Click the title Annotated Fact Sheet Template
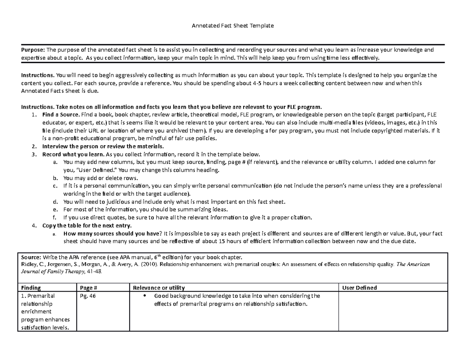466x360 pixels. pyautogui.click(x=233, y=26)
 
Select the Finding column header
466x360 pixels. pyautogui.click(x=30, y=288)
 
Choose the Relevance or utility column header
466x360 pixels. pyautogui.click(x=159, y=288)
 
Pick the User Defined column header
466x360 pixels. pyautogui.click(x=359, y=288)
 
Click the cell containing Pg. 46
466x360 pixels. pyautogui.click(x=87, y=296)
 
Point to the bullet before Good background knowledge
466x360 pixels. pyautogui.click(x=144, y=296)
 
